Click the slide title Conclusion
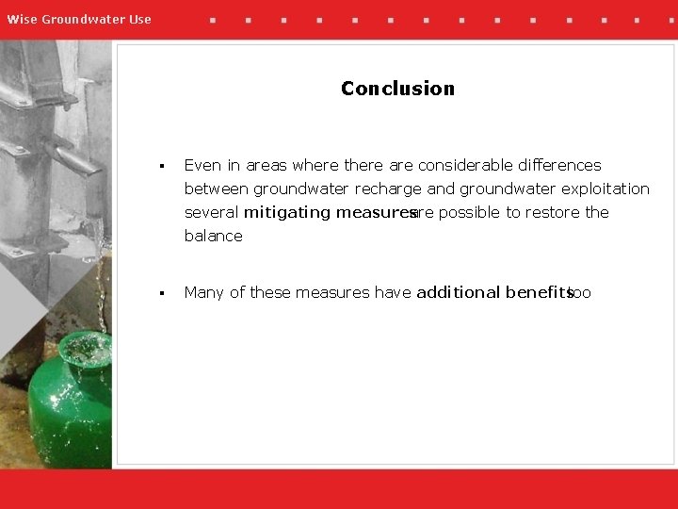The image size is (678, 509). [x=397, y=89]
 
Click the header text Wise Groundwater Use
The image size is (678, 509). [x=79, y=19]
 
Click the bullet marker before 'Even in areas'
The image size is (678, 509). [x=163, y=166]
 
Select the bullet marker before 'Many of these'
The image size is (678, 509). [x=163, y=293]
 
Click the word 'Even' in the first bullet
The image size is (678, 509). [x=202, y=165]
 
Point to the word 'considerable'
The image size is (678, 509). [x=461, y=165]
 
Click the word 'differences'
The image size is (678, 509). [x=556, y=165]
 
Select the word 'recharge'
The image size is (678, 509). [x=389, y=189]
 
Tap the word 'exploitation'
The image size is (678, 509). [x=605, y=189]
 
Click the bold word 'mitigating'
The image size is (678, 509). [x=286, y=212]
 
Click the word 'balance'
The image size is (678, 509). [x=213, y=236]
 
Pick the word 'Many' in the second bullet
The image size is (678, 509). [x=204, y=292]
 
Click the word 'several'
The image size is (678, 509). [x=212, y=212]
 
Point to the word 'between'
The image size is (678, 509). [x=217, y=189]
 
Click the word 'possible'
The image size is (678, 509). [x=469, y=212]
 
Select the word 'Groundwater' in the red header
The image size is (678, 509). [x=83, y=19]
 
